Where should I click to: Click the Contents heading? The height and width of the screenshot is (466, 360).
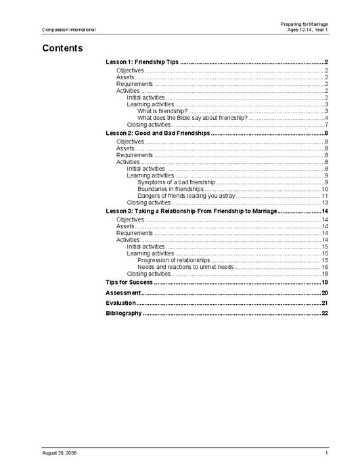[62, 48]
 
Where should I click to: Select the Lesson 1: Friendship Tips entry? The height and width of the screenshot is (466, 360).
[143, 62]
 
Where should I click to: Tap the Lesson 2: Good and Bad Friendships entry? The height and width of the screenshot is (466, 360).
[158, 134]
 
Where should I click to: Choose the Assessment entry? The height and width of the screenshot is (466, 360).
[122, 292]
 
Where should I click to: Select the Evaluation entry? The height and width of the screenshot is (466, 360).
[121, 303]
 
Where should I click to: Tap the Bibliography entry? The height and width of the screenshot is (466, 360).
[124, 314]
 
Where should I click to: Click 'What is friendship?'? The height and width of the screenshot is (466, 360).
[162, 111]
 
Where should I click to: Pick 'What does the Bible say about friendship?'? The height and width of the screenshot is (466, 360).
[192, 118]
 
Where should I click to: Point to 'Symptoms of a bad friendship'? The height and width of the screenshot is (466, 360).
[176, 182]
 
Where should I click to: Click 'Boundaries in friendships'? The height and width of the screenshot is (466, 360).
[171, 189]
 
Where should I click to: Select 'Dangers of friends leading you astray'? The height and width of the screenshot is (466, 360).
[186, 196]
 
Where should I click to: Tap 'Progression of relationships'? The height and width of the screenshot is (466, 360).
[173, 260]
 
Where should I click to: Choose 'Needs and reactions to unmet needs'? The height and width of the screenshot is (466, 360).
[185, 267]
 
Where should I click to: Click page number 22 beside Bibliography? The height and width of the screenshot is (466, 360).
[325, 314]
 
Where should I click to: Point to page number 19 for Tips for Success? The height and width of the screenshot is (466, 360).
[325, 282]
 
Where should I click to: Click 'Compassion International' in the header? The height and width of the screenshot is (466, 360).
[68, 30]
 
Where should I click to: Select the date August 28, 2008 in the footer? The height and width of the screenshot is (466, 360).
[60, 452]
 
